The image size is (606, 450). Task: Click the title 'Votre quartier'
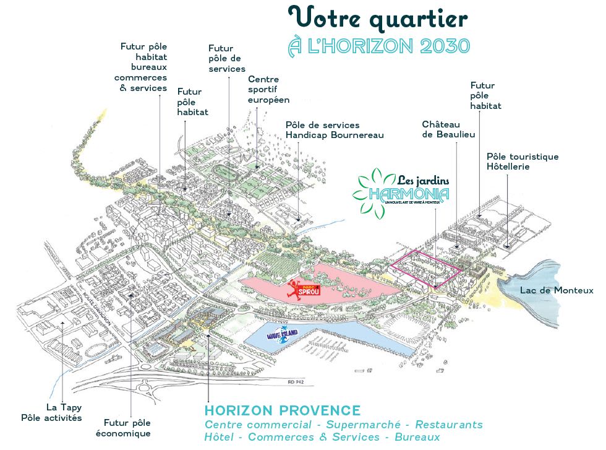coord(378,19)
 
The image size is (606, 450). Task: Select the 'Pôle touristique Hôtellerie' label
coord(523,162)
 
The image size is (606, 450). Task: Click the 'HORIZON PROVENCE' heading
coord(283,410)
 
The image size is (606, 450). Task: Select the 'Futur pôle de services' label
coord(227,58)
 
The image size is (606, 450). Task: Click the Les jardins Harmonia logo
coord(401,189)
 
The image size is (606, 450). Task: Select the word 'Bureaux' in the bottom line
coord(416,437)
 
